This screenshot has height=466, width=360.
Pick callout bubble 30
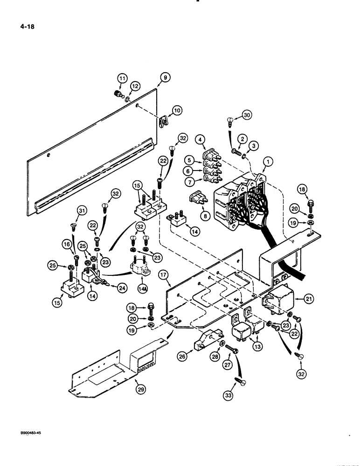point(247,115)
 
